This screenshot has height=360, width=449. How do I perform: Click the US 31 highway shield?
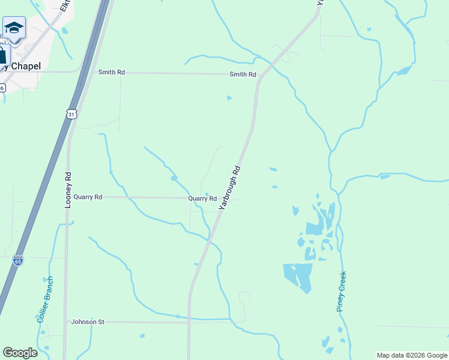click(71, 114)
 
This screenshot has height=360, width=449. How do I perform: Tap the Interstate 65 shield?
click(18, 260)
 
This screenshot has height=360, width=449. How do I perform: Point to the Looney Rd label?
click(68, 190)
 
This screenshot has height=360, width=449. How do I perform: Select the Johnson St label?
click(88, 322)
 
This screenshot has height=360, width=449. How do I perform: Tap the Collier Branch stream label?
click(46, 299)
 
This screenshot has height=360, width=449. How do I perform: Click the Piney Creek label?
click(342, 291)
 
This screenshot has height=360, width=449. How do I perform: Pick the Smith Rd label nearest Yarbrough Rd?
click(243, 74)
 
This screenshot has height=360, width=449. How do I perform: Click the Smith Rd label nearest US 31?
click(112, 72)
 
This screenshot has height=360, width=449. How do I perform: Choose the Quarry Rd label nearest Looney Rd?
click(89, 197)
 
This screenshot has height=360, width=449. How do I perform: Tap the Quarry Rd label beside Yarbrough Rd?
click(202, 198)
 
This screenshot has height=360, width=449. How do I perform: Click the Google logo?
click(20, 353)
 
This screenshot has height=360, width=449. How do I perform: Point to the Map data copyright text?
click(412, 356)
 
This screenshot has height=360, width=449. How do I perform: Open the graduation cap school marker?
click(14, 28)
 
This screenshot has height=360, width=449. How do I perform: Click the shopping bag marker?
click(2, 56)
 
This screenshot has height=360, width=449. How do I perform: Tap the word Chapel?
click(23, 67)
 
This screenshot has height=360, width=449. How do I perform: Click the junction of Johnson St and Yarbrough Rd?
click(189, 322)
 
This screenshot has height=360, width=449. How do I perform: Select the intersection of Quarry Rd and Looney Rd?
click(68, 197)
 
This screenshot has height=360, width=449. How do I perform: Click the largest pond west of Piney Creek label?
click(298, 275)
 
